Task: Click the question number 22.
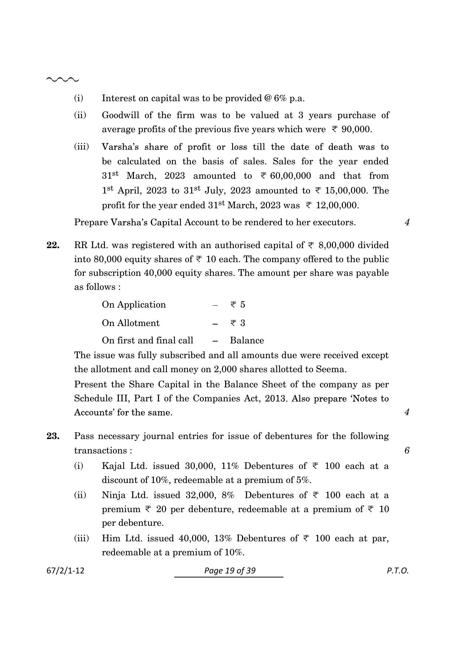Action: tap(53, 246)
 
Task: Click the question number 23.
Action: tap(53, 436)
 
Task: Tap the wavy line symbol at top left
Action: tap(62, 79)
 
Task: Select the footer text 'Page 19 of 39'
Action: tap(230, 570)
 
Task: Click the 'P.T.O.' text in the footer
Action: tap(397, 570)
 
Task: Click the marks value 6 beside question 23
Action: tap(407, 450)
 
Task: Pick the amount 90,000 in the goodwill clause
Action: tap(357, 130)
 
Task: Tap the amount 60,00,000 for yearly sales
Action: tap(290, 176)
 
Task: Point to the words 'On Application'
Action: tap(134, 305)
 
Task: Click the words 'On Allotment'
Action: tap(131, 323)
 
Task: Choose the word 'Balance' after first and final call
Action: tap(247, 340)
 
